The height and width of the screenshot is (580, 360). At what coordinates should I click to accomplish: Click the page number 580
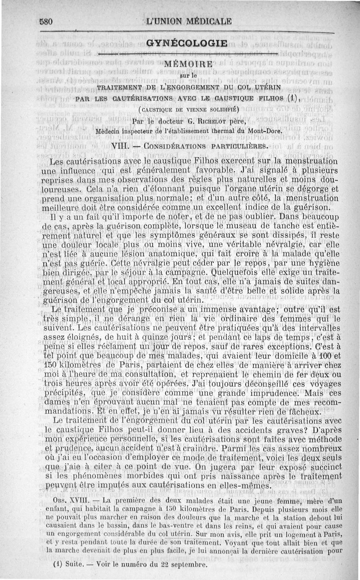pyautogui.click(x=47, y=21)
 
